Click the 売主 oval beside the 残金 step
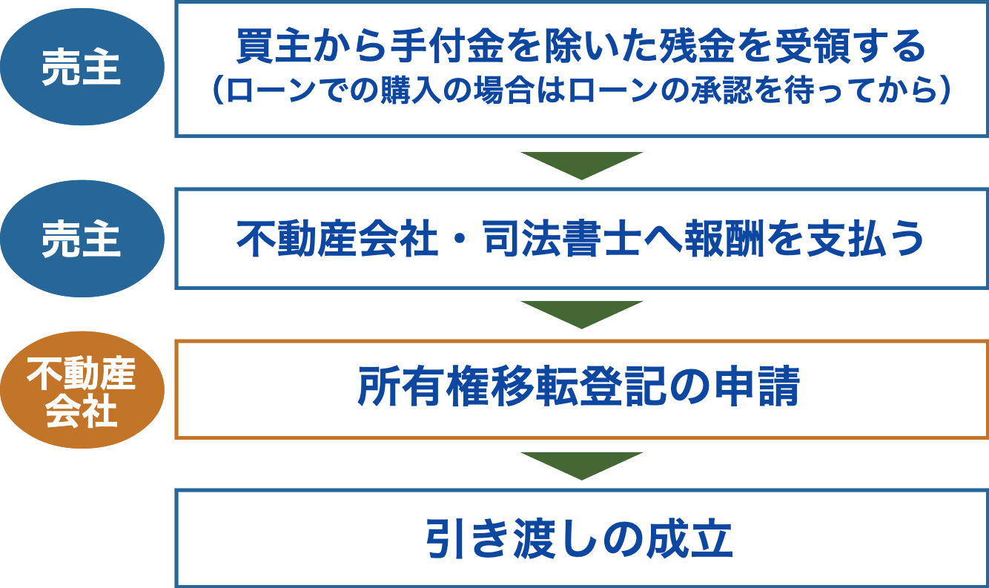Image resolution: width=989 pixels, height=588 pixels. [x=82, y=67]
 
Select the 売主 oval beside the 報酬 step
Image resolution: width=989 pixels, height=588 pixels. [x=82, y=238]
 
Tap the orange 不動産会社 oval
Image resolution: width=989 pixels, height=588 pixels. [x=82, y=390]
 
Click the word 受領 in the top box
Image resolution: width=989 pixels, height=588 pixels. [x=812, y=46]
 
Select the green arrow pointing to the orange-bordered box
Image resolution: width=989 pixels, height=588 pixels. [x=581, y=314]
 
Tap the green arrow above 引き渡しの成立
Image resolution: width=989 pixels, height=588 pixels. [x=581, y=466]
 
